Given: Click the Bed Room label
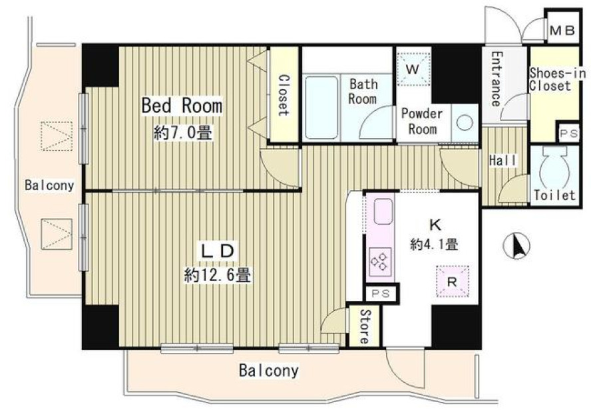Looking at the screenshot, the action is [182, 105].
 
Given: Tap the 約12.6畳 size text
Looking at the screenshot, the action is [218, 274].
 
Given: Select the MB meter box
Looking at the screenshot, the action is [562, 30].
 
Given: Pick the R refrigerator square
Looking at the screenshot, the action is [453, 281].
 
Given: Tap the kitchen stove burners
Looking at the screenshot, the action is [380, 262].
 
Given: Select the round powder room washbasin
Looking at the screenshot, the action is [465, 122].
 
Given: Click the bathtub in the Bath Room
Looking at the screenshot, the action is [321, 108].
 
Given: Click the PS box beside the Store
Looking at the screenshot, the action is [381, 293].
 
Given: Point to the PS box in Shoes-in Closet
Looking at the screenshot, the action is [569, 134].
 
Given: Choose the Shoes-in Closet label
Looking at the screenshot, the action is [556, 79].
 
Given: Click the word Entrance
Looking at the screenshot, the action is [496, 79].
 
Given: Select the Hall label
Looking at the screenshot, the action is [502, 160].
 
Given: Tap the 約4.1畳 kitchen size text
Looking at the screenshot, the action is [435, 244].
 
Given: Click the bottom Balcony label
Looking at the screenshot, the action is [269, 370].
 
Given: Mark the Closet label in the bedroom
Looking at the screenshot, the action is [284, 95].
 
